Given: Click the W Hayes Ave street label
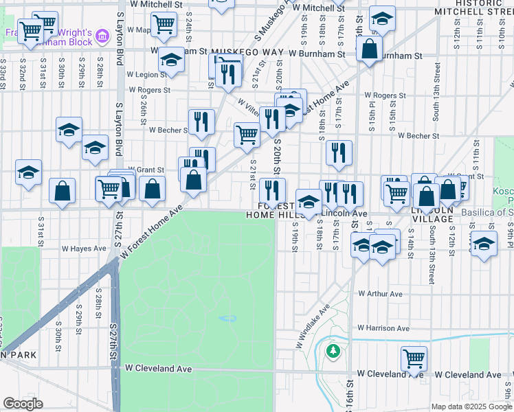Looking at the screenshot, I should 85,249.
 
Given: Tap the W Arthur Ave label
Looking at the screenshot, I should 380,294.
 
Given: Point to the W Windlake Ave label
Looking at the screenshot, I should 313,325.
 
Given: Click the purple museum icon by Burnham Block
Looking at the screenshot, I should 103,35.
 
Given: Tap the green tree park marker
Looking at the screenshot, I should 333,352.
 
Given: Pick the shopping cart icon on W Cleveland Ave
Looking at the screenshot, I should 414,357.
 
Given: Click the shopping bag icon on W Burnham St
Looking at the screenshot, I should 369,48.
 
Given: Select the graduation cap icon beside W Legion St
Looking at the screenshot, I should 171,60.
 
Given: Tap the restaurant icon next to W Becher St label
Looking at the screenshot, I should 201,122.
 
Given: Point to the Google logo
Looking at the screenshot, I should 23,404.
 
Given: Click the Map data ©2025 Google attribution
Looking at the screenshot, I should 471,407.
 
